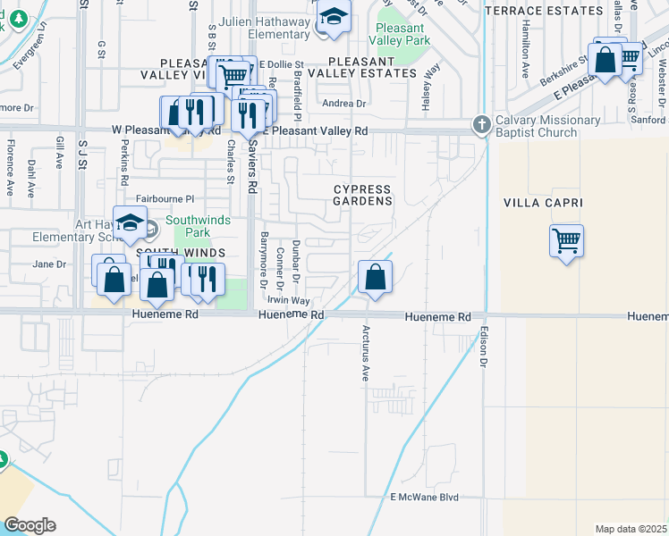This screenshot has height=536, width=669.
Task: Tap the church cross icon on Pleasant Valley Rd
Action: (482, 125)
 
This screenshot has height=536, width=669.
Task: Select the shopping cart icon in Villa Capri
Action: (566, 240)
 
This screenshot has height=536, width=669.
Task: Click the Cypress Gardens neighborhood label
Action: (362, 195)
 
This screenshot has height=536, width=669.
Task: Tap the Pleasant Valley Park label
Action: (405, 35)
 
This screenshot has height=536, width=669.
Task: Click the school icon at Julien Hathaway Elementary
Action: (334, 18)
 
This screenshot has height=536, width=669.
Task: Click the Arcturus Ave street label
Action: (365, 354)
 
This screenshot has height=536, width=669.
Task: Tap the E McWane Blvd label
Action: (424, 497)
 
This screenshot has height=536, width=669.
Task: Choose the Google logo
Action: (30, 525)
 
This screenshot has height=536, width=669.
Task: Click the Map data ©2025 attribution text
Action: (631, 529)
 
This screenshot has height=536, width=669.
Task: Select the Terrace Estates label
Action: (544, 11)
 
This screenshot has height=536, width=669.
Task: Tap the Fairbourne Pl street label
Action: (165, 199)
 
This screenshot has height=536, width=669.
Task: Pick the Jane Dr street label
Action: (49, 264)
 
